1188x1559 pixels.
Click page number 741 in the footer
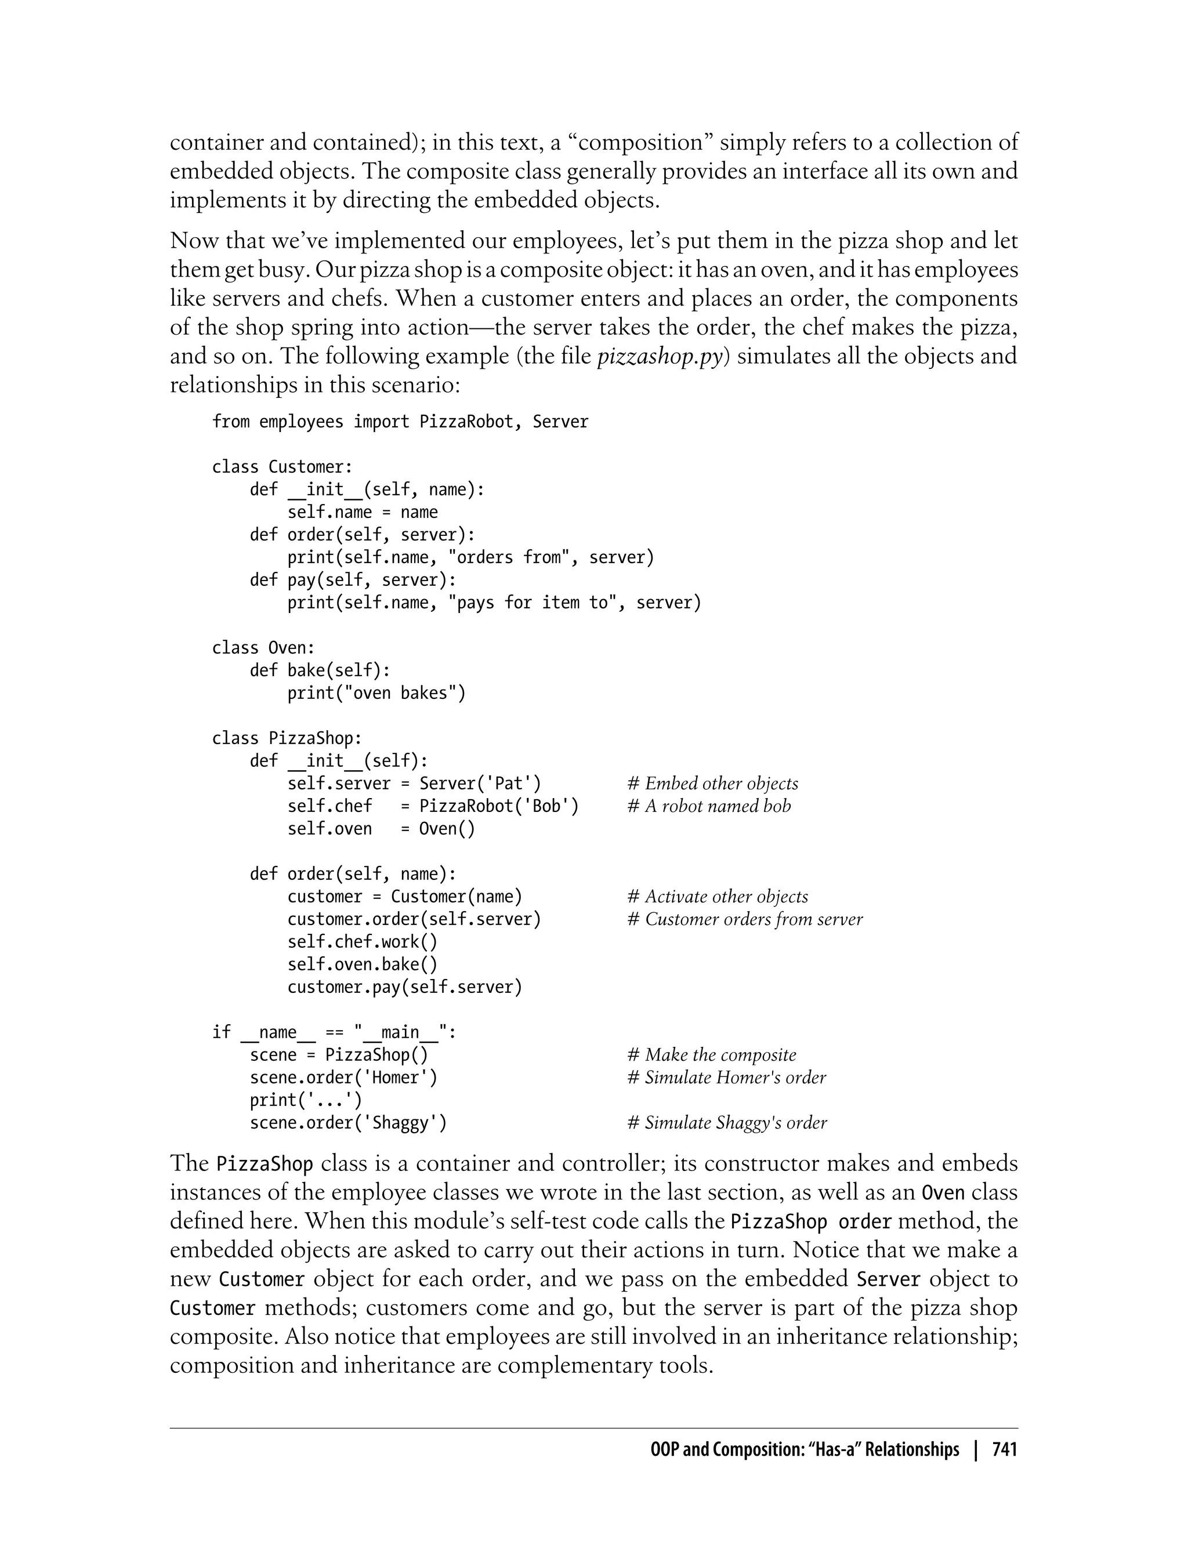pyautogui.click(x=1004, y=1450)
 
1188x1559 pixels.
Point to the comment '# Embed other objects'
pyautogui.click(x=712, y=784)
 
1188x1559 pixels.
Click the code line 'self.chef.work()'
pyautogui.click(x=362, y=942)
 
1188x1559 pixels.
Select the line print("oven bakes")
pyautogui.click(x=376, y=693)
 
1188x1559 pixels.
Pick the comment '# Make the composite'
pyautogui.click(x=711, y=1055)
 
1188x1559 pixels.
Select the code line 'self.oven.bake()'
pyautogui.click(x=362, y=965)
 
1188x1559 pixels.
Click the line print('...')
pyautogui.click(x=306, y=1100)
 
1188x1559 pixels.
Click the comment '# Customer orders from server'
pyautogui.click(x=745, y=919)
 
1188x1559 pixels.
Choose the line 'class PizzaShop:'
pyautogui.click(x=287, y=738)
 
